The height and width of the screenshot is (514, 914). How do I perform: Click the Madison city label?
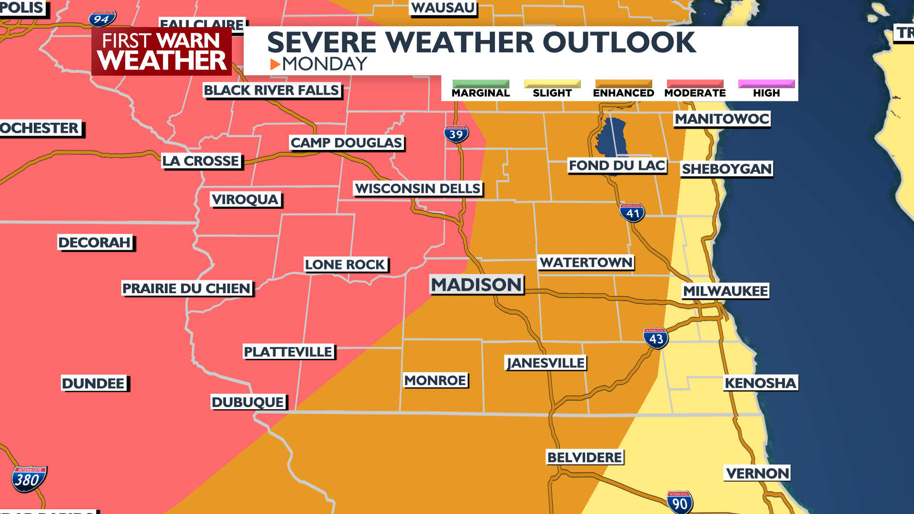[476, 285]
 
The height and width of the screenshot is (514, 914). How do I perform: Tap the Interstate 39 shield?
[456, 134]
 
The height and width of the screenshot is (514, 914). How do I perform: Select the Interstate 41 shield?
[632, 213]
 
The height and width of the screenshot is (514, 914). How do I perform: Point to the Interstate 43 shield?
[656, 338]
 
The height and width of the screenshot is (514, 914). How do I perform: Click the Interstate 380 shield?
[29, 479]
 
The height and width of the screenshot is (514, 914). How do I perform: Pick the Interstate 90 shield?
[679, 503]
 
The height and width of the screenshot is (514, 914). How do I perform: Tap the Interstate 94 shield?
[102, 19]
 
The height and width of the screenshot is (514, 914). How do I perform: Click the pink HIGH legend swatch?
[766, 84]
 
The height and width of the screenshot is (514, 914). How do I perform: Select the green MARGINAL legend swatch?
[480, 84]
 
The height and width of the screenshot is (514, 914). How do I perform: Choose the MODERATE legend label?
[695, 93]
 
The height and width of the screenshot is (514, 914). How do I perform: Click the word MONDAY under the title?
[325, 64]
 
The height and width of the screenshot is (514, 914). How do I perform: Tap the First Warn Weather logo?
[161, 51]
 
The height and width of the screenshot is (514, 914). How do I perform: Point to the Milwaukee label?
[725, 291]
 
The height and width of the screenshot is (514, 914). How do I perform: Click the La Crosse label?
[200, 161]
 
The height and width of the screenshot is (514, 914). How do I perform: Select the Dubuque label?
[248, 402]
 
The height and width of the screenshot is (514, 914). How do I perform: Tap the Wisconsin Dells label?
[417, 188]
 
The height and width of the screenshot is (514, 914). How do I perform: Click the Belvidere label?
[585, 457]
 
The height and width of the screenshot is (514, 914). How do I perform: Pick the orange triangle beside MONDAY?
[275, 64]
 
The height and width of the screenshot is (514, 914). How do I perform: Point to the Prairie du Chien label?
[187, 288]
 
